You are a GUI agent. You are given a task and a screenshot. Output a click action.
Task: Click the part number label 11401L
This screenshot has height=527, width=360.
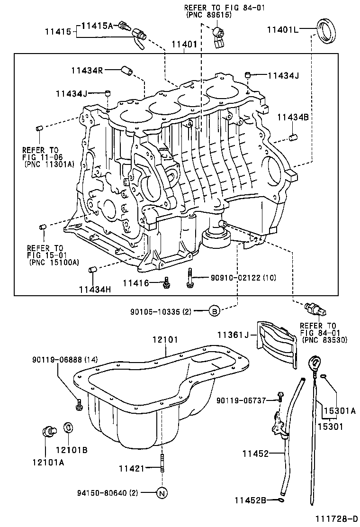coord(282,29)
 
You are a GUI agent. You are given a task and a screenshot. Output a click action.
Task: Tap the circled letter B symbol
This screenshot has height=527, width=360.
coord(214,311)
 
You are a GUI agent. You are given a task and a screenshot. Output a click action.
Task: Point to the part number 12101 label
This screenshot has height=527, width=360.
coord(165,340)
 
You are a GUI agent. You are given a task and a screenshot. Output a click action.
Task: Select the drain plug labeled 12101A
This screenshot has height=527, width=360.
coord(47,432)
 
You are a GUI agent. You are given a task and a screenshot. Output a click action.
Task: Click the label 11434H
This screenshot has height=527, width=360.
coord(95,290)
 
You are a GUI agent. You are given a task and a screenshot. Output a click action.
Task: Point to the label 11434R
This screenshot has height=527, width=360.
coord(87,70)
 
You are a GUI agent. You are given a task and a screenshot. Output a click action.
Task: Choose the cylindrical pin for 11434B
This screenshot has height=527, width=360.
coord(294,138)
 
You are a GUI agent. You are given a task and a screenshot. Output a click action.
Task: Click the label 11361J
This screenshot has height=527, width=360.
coord(233,336)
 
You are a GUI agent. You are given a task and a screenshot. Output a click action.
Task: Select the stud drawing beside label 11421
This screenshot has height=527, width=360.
coord(162,463)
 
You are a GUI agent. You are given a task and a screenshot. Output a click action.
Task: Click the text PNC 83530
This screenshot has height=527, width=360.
coord(324,340)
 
